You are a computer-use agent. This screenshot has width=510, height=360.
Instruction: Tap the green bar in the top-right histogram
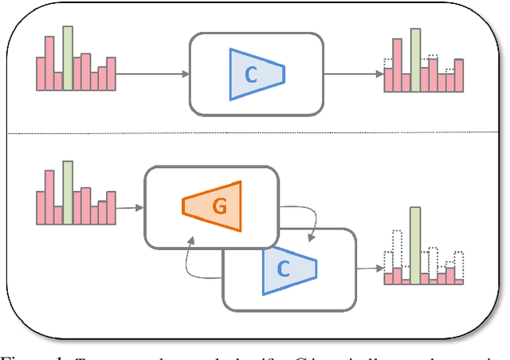click(415, 61)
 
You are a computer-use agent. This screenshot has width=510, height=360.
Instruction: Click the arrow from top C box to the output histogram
click(354, 74)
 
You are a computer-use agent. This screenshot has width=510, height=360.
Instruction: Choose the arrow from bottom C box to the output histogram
click(367, 268)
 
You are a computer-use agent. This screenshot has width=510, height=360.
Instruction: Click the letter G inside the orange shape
click(218, 205)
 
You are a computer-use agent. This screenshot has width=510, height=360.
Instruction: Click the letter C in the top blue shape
click(250, 75)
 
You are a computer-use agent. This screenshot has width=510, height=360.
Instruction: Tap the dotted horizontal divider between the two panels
click(255, 134)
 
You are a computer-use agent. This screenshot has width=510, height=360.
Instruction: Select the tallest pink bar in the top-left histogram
click(49, 62)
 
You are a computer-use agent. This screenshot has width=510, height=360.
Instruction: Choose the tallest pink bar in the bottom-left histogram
click(49, 198)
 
